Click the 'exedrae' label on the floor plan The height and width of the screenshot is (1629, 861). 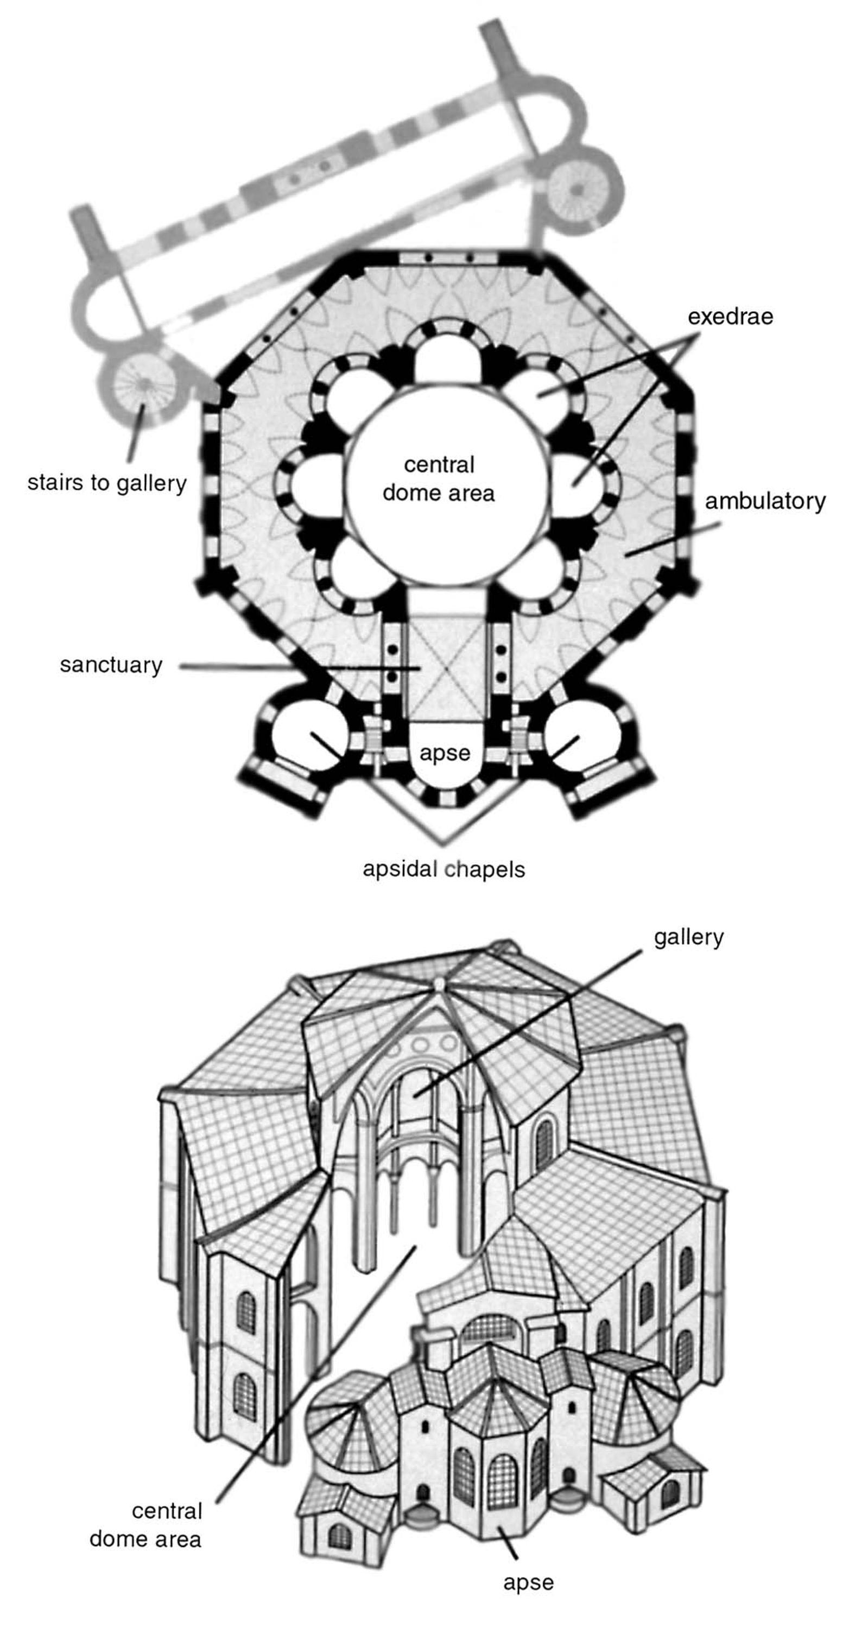point(730,316)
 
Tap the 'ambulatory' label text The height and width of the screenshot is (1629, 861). point(765,501)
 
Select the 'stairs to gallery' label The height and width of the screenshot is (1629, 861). point(107,483)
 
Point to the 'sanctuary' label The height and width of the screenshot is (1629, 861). point(111,665)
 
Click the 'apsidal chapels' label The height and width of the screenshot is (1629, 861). point(444,869)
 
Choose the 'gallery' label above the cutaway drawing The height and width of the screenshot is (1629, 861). point(688,937)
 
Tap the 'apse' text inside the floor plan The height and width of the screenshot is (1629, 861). point(445,753)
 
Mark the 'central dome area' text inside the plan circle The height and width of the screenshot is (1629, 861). point(439,479)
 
